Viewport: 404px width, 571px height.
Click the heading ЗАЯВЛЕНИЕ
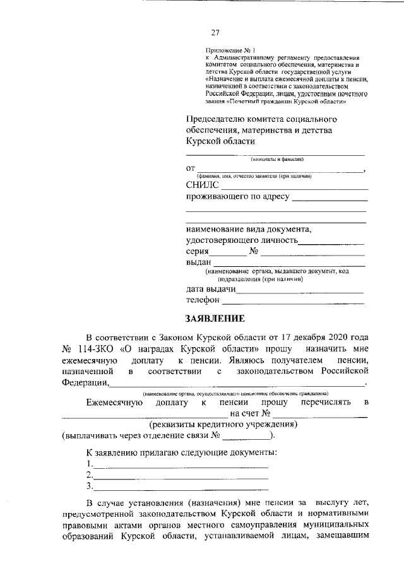214,319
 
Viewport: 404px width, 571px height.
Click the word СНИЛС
202,185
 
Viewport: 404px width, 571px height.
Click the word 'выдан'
199,262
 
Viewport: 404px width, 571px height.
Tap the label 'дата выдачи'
211,290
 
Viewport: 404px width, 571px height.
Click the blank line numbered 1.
180,466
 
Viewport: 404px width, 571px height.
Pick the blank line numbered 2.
180,476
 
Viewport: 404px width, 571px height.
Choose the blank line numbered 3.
180,487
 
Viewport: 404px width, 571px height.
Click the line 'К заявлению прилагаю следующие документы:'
182,453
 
